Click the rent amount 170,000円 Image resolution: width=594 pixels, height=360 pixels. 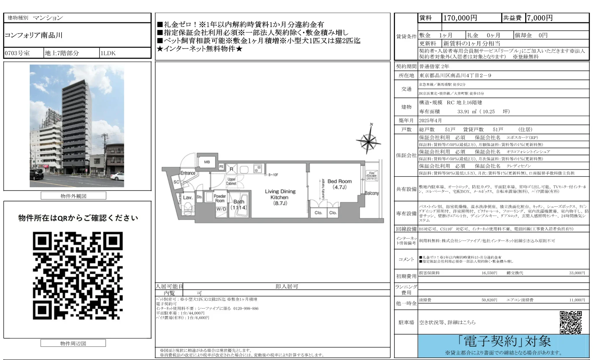[x=460, y=18]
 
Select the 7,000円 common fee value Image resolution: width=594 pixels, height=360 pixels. [x=539, y=18]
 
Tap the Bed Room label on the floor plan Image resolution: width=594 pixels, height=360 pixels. [x=339, y=184]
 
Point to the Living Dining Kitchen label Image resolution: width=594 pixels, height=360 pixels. [x=280, y=197]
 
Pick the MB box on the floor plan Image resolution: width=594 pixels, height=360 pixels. [x=207, y=162]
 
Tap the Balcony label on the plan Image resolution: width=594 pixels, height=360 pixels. [x=371, y=193]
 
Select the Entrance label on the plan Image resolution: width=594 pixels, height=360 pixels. [x=188, y=173]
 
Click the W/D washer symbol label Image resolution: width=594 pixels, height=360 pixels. [x=221, y=209]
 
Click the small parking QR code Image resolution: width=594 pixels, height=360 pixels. [x=571, y=322]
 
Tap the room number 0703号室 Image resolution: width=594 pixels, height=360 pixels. [x=17, y=53]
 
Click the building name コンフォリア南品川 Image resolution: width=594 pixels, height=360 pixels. [x=34, y=35]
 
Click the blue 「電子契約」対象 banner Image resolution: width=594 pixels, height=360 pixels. [x=503, y=346]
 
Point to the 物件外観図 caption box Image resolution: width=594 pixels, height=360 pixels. [x=73, y=196]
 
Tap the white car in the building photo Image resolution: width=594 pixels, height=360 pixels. [x=117, y=176]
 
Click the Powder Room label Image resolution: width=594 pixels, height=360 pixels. [x=220, y=198]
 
